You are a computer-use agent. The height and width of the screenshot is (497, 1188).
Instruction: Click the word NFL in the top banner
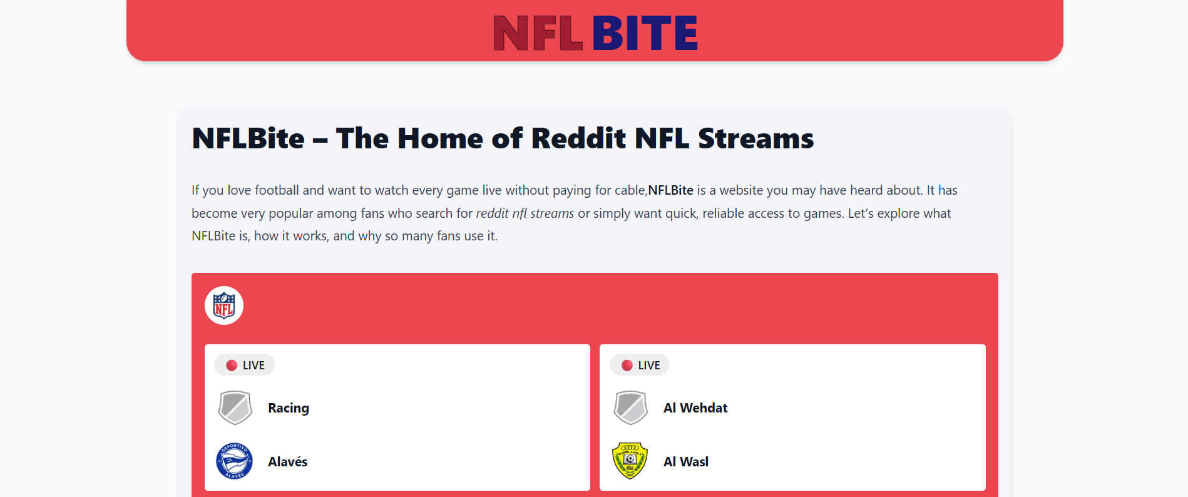pyautogui.click(x=538, y=33)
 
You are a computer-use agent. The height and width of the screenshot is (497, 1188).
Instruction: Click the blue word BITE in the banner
pyautogui.click(x=645, y=33)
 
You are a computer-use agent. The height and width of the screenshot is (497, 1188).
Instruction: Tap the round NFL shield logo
pyautogui.click(x=224, y=305)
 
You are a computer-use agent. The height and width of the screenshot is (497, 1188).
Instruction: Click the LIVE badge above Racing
pyautogui.click(x=245, y=365)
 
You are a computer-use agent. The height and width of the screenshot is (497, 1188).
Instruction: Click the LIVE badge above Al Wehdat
pyautogui.click(x=640, y=365)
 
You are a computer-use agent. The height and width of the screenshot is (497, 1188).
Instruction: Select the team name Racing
pyautogui.click(x=289, y=408)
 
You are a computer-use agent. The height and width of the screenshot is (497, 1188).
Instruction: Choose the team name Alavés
pyautogui.click(x=288, y=462)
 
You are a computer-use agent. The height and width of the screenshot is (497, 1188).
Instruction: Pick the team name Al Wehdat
pyautogui.click(x=695, y=408)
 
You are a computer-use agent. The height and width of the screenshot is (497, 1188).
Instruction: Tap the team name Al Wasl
pyautogui.click(x=686, y=462)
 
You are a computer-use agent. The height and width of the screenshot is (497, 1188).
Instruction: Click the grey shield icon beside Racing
pyautogui.click(x=235, y=408)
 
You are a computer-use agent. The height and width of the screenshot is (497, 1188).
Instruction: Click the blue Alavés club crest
pyautogui.click(x=235, y=461)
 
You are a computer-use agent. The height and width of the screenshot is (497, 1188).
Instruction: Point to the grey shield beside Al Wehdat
pyautogui.click(x=630, y=408)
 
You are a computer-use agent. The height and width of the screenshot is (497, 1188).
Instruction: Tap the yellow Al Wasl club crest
pyautogui.click(x=630, y=461)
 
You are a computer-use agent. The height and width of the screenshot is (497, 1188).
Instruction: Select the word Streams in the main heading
pyautogui.click(x=755, y=138)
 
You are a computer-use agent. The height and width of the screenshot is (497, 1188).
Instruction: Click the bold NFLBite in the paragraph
pyautogui.click(x=670, y=190)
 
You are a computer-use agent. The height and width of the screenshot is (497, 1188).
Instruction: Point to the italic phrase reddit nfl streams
pyautogui.click(x=525, y=213)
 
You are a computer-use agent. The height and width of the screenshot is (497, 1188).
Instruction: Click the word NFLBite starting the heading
pyautogui.click(x=248, y=138)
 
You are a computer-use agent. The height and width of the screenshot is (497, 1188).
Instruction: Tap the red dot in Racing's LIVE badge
pyautogui.click(x=232, y=366)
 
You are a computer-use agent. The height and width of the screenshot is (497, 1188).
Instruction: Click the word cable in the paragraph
pyautogui.click(x=629, y=190)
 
